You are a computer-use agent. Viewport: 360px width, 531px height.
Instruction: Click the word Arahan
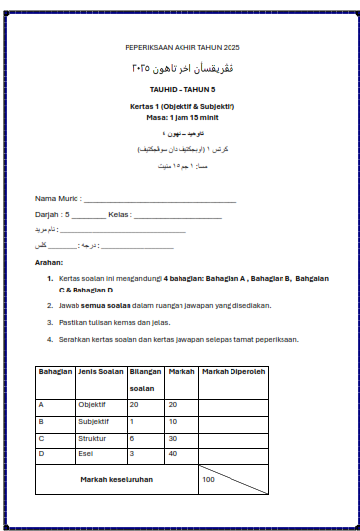(49, 263)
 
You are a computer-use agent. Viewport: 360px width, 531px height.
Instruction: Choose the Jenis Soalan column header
(99, 372)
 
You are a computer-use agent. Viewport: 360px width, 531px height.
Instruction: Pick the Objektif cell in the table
(92, 404)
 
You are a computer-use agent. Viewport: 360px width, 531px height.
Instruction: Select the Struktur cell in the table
(92, 438)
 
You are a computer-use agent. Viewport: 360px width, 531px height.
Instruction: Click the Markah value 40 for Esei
(173, 453)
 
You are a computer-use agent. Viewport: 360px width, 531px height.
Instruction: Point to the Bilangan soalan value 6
(132, 438)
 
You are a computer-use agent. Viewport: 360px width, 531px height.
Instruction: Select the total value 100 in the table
(209, 479)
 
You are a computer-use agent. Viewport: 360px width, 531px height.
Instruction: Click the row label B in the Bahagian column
(41, 421)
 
